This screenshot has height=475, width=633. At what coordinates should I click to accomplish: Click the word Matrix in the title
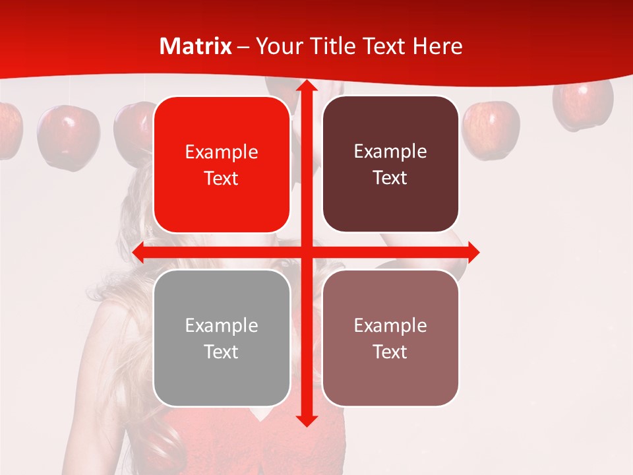196,46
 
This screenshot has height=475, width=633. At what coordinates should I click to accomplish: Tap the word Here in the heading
437,46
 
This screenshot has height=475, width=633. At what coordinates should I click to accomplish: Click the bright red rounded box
222,164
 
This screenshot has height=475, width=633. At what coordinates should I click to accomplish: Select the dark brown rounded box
390,164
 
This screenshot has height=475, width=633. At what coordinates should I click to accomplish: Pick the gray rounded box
222,338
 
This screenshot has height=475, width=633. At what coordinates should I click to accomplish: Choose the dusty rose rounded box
390,338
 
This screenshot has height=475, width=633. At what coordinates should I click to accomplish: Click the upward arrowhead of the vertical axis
306,86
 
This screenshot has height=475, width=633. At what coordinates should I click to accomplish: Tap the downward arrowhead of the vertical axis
306,419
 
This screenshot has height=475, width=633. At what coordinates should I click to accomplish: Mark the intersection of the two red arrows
306,252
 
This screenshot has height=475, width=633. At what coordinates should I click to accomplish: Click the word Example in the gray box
222,325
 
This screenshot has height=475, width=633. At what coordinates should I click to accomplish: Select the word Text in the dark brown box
390,177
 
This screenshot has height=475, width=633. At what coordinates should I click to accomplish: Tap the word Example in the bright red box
222,152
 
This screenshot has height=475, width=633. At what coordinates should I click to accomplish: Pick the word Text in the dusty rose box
390,352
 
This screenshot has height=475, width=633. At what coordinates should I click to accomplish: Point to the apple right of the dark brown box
491,129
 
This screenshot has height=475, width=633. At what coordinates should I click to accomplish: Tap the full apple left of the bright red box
68,137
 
